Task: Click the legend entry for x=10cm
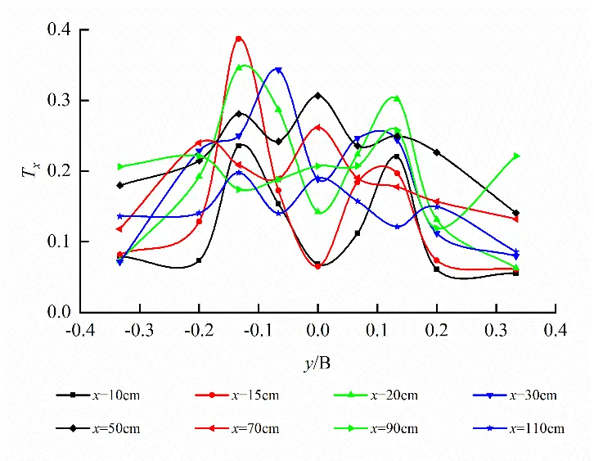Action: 98,395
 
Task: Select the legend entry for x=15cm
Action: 237,395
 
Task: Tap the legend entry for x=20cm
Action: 376,395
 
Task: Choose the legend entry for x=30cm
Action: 515,395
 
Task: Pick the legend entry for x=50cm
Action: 98,428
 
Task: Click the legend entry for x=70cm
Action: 237,428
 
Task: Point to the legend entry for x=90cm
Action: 376,428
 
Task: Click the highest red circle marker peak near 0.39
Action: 239,38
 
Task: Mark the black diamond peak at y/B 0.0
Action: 317,96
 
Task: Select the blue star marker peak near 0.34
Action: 279,70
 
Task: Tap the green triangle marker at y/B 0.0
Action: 317,212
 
